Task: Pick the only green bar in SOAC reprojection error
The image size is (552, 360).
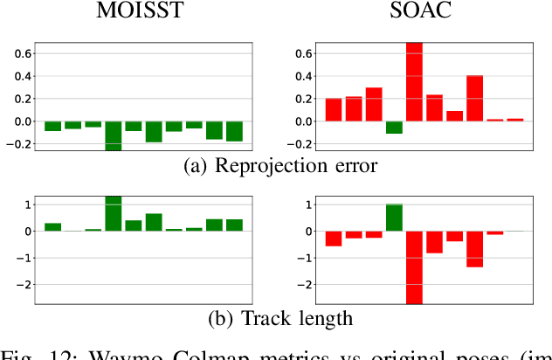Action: [x=394, y=128]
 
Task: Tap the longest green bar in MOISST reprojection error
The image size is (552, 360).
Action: [x=114, y=135]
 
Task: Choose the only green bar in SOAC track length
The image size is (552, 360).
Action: [x=394, y=218]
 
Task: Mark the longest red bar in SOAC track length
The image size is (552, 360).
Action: [x=414, y=267]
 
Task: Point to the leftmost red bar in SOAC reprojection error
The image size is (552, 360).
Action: [x=334, y=110]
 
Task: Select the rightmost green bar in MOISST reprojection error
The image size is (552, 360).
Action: [x=234, y=131]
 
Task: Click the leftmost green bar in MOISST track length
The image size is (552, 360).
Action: [x=53, y=227]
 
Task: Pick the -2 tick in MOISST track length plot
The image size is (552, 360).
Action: [x=24, y=285]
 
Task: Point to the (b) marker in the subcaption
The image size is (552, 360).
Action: [x=217, y=319]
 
